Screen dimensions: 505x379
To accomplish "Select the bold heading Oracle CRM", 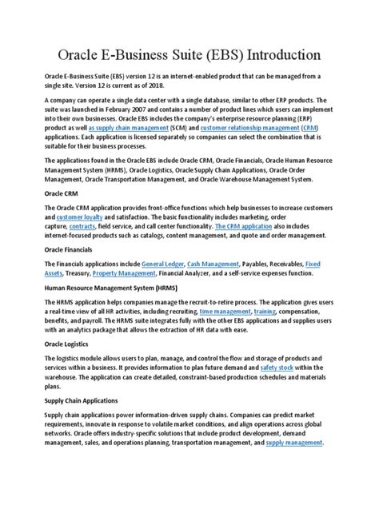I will [61, 193].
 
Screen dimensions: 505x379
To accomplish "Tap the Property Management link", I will [124, 272].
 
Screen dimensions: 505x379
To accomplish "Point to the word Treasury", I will [74, 272].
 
